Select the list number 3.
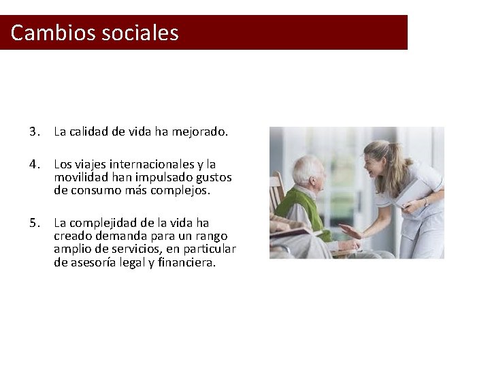pos(33,132)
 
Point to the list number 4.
pos(33,164)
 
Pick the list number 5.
pos(33,223)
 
